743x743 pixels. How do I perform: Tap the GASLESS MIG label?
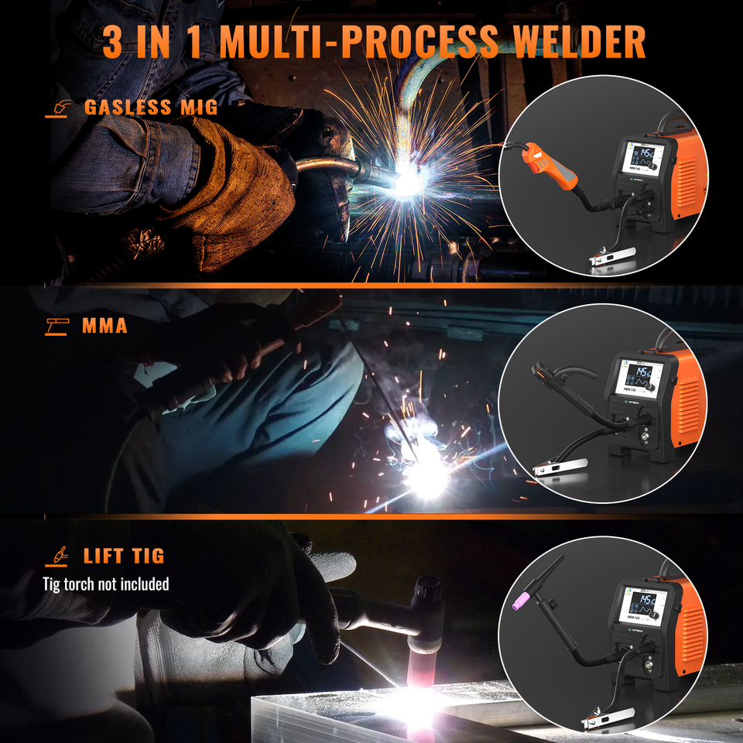[x=151, y=107]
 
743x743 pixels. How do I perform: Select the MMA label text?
[x=104, y=326]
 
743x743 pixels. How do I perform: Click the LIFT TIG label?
[x=124, y=556]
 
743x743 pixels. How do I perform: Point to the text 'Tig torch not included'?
[x=106, y=584]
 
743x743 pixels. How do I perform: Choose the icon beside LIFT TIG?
[x=59, y=556]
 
